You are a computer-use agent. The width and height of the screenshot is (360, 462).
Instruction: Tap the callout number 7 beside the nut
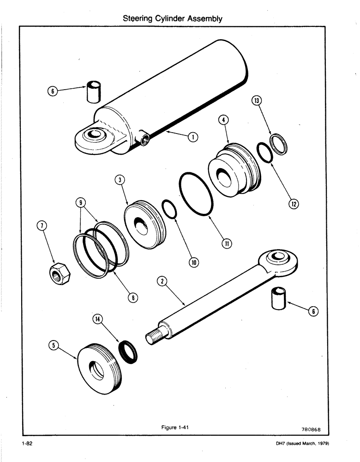[42, 225]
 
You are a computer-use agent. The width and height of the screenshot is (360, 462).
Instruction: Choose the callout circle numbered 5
[54, 345]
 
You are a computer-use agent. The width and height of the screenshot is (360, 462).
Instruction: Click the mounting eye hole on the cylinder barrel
[95, 134]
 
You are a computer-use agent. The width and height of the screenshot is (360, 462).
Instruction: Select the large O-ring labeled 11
[196, 194]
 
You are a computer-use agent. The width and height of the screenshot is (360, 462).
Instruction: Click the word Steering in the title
[138, 19]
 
